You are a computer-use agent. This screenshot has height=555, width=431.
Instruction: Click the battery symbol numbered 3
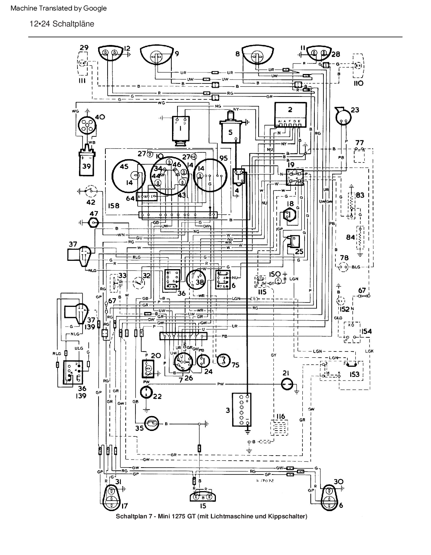click(x=242, y=410)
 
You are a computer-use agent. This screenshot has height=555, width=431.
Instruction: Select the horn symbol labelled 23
click(x=343, y=117)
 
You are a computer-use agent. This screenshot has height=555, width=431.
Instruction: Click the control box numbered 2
click(x=290, y=114)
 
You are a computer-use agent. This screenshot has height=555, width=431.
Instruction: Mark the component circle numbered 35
click(x=152, y=424)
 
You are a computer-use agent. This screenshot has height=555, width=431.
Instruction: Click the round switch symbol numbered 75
click(x=222, y=360)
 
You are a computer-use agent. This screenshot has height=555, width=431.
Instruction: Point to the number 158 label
click(x=114, y=206)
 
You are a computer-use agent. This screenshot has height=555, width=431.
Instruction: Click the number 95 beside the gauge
click(x=223, y=158)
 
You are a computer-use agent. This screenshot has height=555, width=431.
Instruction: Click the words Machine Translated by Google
click(x=59, y=8)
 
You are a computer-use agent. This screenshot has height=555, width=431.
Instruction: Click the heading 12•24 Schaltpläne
click(x=62, y=24)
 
